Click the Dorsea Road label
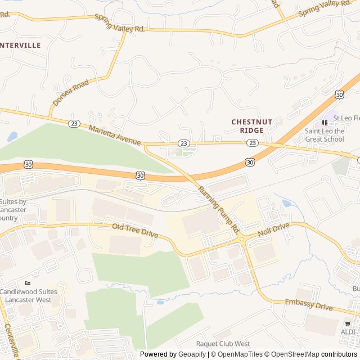(71, 92)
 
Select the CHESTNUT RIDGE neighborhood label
(251, 126)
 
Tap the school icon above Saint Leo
(325, 123)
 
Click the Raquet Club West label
(223, 344)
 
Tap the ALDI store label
(348, 332)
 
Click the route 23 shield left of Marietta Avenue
(74, 123)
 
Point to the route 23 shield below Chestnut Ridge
(253, 143)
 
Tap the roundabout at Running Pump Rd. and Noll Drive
(242, 239)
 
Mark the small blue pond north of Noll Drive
(287, 204)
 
